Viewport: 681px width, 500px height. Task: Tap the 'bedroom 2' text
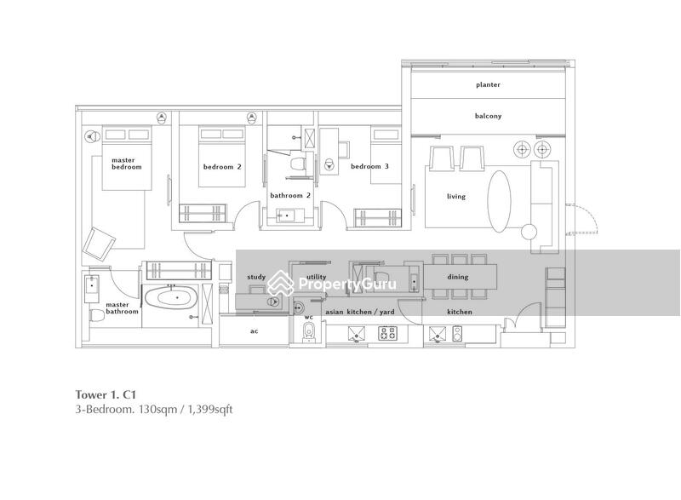click(x=221, y=167)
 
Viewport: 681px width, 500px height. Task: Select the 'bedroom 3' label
click(x=369, y=167)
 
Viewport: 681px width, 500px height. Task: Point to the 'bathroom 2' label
click(x=290, y=195)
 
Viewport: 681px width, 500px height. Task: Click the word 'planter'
click(x=488, y=85)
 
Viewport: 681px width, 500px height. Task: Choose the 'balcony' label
click(x=488, y=117)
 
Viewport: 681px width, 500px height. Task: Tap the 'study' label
click(x=255, y=277)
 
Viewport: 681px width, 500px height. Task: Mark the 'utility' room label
click(x=316, y=277)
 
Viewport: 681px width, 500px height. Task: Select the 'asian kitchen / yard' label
click(x=360, y=313)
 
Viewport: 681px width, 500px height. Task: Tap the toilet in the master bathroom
click(x=96, y=316)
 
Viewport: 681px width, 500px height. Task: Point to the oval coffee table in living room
click(x=499, y=198)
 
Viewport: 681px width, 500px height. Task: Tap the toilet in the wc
click(x=308, y=332)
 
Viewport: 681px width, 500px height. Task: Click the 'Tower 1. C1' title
click(x=104, y=394)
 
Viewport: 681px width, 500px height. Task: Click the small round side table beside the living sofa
click(x=529, y=230)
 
